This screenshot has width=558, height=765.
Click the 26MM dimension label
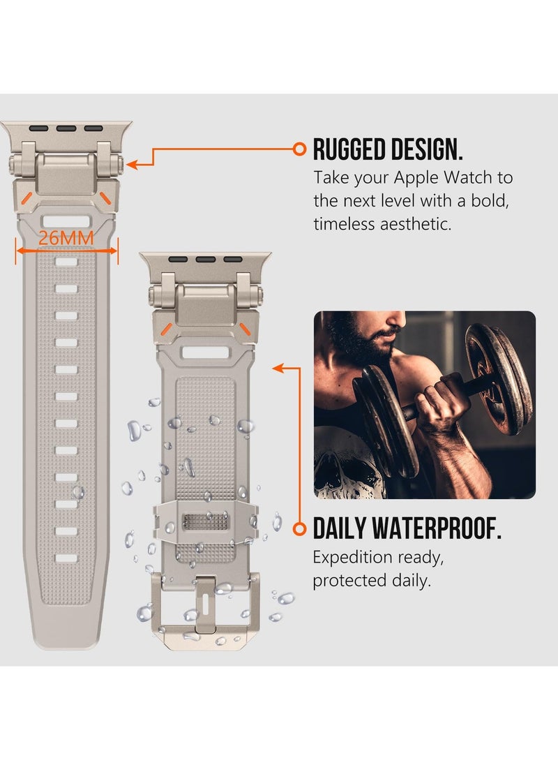tap(66, 237)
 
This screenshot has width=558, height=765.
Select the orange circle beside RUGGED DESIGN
tap(299, 149)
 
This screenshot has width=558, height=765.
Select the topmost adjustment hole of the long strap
tap(66, 262)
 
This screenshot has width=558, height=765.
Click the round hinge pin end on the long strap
tap(14, 166)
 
